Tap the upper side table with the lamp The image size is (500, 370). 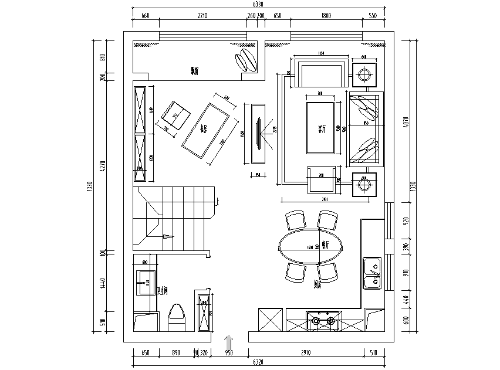[x=364, y=74]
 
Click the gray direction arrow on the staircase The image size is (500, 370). [x=168, y=236]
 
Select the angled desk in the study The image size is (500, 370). [x=205, y=131]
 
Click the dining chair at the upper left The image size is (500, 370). [x=295, y=220]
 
